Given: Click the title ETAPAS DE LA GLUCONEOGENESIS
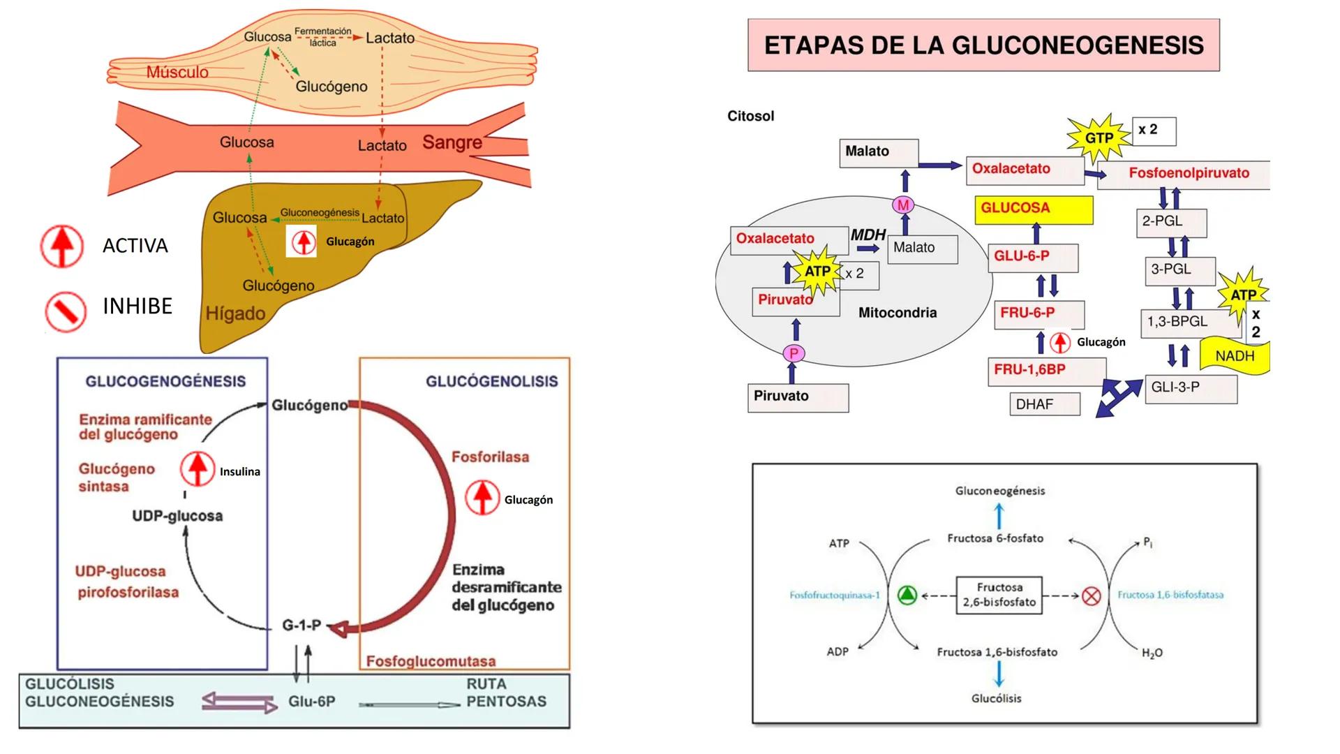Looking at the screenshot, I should click(983, 45).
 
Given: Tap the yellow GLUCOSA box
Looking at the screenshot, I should click(1033, 209).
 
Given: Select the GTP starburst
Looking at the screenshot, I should click(1099, 138).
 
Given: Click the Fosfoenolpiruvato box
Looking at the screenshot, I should click(1189, 173).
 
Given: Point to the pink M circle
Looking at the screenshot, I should click(903, 205).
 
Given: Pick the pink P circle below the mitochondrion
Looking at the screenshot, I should click(794, 354).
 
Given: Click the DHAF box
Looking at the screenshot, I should click(1044, 404).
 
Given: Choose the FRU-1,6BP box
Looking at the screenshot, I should click(1046, 370).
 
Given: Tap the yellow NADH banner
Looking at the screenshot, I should click(1234, 356).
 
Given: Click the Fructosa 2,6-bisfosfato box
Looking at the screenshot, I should click(999, 595).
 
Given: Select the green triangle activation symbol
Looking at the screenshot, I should click(907, 596).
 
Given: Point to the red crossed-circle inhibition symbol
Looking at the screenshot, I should click(1091, 596).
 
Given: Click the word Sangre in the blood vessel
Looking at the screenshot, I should click(452, 142).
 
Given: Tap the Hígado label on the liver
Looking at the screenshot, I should click(235, 313).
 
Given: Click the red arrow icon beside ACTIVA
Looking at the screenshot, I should click(62, 246).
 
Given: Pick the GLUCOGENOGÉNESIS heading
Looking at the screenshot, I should click(165, 381).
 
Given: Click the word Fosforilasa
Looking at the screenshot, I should click(490, 457).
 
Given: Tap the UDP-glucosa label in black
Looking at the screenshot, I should click(177, 516).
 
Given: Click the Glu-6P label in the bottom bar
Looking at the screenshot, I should click(311, 701).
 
